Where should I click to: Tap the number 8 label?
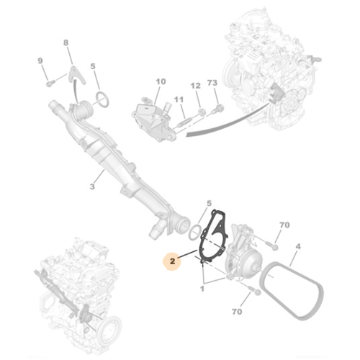(x=67, y=44)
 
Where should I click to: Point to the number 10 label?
(x=160, y=82)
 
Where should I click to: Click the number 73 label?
(x=212, y=84)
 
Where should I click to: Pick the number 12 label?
(x=194, y=85)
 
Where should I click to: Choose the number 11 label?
(x=178, y=99)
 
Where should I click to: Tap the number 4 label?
(x=298, y=247)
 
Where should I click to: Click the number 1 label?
(x=202, y=289)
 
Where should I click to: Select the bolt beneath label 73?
(x=220, y=109)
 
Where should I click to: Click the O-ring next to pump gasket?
(x=193, y=230)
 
